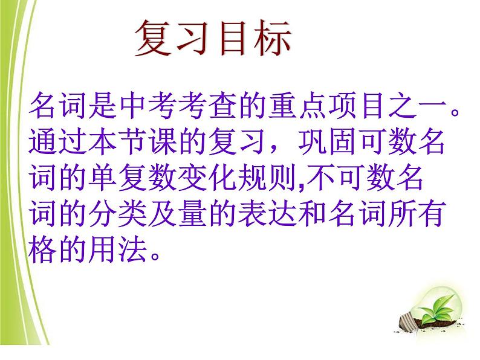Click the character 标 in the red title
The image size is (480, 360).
tap(273, 38)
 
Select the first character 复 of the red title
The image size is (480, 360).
tap(153, 38)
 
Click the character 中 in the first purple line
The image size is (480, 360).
tap(132, 106)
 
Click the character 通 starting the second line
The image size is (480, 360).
tap(42, 141)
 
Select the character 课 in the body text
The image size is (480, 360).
tap(162, 141)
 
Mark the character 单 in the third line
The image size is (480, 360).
tap(102, 178)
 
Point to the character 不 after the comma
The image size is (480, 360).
tap(320, 178)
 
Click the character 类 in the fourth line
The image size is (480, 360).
tap(132, 213)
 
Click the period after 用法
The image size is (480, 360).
tap(155, 255)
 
